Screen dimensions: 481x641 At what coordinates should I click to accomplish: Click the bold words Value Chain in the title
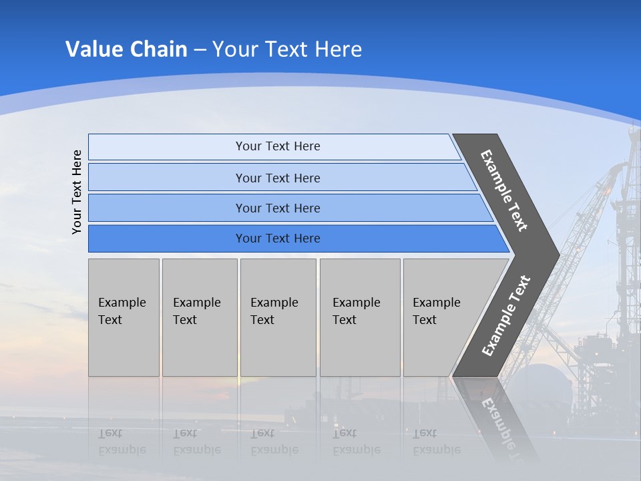[126, 49]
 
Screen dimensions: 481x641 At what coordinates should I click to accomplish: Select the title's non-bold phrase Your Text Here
[287, 49]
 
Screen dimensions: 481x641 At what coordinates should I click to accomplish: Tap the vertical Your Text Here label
[77, 192]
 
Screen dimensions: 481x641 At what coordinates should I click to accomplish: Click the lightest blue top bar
[278, 146]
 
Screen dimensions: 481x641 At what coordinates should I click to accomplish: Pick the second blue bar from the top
[278, 178]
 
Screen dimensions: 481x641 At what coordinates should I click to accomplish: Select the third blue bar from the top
[278, 208]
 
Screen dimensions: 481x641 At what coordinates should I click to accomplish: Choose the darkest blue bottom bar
[278, 238]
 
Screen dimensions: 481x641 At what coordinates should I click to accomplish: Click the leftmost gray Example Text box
[124, 317]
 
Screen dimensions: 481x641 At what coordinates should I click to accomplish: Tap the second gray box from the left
[199, 317]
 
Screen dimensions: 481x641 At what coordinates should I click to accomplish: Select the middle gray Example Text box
[278, 317]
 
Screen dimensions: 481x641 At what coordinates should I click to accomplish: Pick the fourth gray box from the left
[359, 317]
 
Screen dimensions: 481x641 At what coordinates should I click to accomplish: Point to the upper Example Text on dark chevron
[505, 190]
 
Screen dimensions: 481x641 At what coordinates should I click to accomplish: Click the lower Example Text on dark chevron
[506, 316]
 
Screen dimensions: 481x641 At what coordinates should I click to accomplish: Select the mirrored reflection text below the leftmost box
[122, 442]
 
